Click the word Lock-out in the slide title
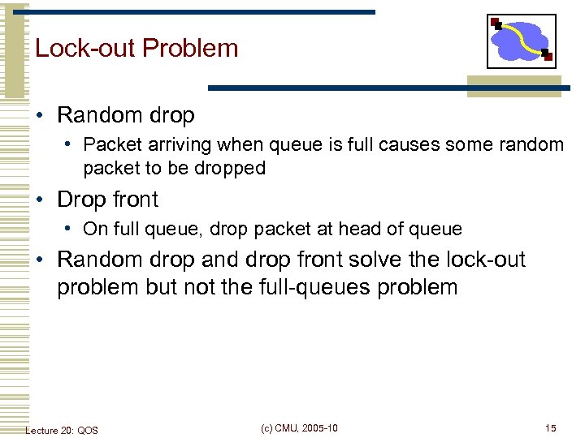84,49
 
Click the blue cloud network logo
521,41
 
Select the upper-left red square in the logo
496,23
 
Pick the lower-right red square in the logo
548,57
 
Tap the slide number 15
551,428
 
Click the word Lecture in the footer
41,430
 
